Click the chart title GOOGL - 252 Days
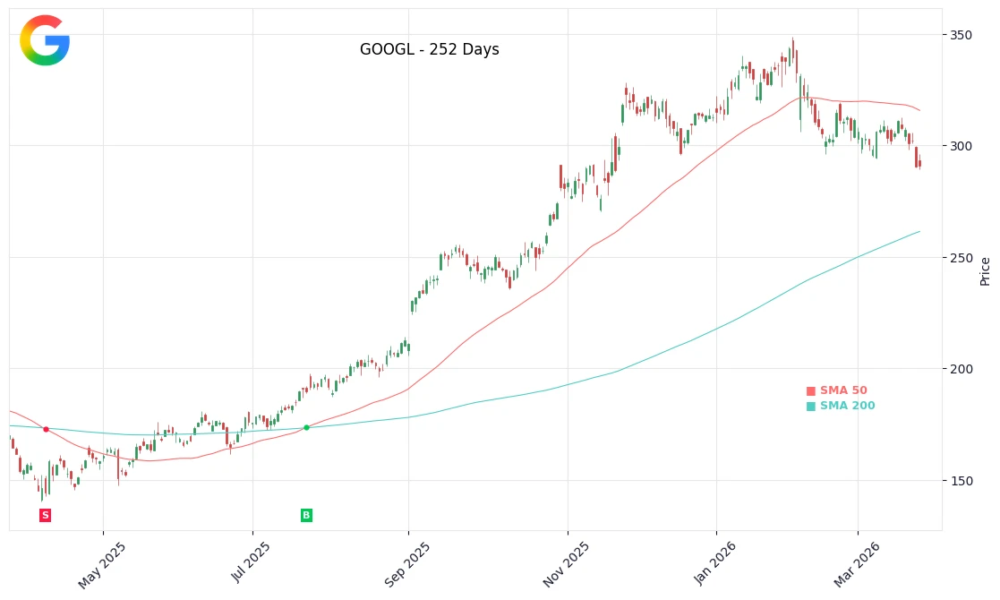coord(429,50)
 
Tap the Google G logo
coord(45,40)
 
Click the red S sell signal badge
coord(46,515)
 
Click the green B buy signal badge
coord(306,515)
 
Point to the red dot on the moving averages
coord(46,430)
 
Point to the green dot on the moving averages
coord(306,428)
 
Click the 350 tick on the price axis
coord(961,35)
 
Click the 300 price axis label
coord(961,146)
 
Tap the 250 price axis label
coord(961,258)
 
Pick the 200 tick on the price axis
coord(961,369)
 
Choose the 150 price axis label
coord(961,481)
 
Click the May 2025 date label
coord(102,565)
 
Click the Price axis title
coord(986,270)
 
